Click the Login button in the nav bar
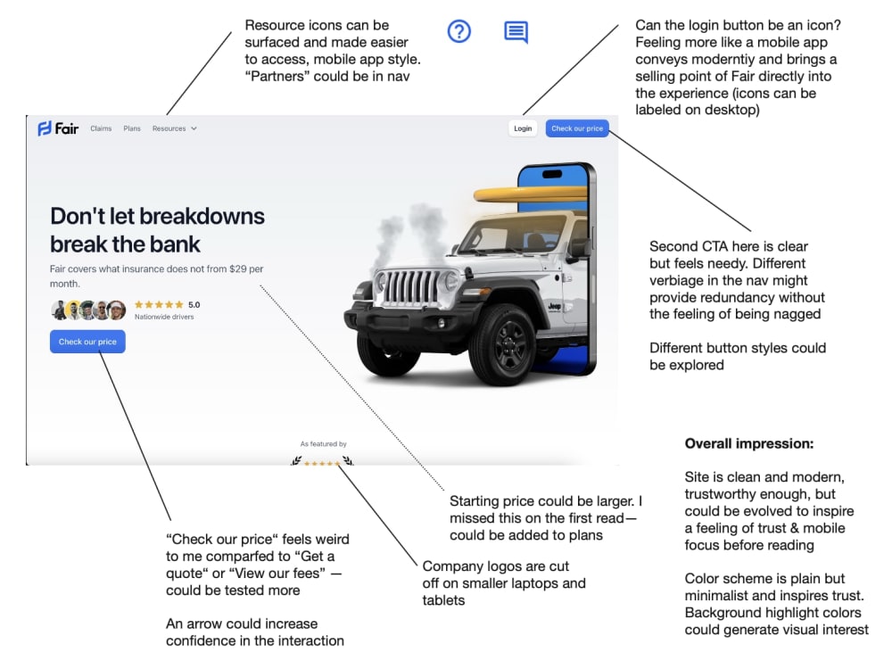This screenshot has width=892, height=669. tap(522, 128)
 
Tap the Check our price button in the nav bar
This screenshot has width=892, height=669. tap(577, 128)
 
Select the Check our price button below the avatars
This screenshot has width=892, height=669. tap(87, 342)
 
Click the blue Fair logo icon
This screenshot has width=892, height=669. tap(45, 128)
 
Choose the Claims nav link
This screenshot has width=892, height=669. tap(101, 128)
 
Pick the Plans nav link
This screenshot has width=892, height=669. tap(132, 128)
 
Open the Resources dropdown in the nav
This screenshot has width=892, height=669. tap(174, 128)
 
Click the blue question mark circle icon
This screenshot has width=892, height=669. tap(459, 31)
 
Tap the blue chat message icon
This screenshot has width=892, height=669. tap(516, 32)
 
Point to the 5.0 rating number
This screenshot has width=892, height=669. tap(194, 305)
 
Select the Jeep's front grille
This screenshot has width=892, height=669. tap(410, 285)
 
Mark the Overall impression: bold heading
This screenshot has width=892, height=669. tap(749, 443)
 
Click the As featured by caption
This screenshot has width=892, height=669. tap(323, 443)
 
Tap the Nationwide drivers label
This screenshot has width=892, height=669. tap(164, 317)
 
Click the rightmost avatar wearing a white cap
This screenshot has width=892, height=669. tap(117, 310)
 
